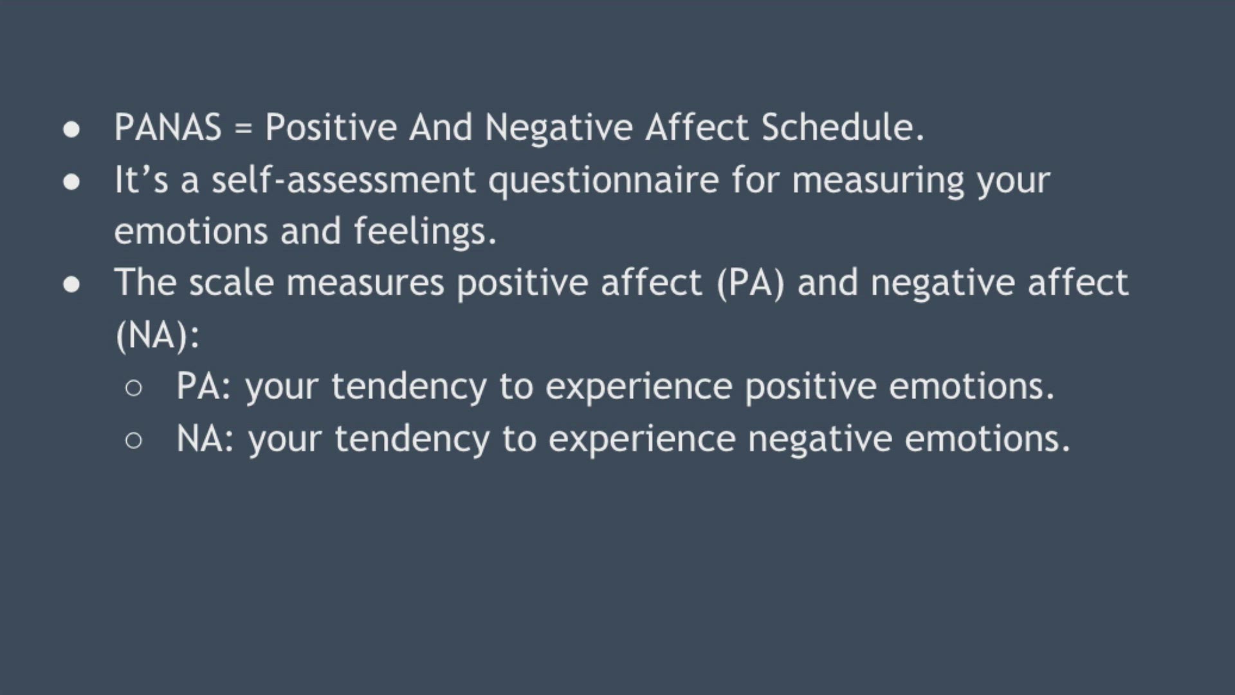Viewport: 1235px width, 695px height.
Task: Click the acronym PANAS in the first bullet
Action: click(x=168, y=127)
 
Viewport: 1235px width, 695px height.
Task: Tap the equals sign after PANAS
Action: click(x=243, y=129)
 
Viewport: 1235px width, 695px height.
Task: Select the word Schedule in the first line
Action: click(x=843, y=127)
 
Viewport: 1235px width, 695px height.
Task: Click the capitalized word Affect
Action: click(x=697, y=127)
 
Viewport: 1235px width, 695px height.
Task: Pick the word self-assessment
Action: click(x=343, y=180)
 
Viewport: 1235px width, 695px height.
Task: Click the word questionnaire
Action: click(x=603, y=181)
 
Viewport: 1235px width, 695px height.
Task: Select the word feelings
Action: click(x=425, y=232)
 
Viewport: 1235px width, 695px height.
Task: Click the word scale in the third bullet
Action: click(x=231, y=283)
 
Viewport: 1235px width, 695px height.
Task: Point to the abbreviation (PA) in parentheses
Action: click(x=751, y=284)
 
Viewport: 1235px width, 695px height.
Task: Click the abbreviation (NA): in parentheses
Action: click(x=158, y=335)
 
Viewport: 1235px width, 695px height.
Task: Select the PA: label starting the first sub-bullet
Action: click(x=203, y=387)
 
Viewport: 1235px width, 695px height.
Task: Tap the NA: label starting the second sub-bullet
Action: click(x=205, y=439)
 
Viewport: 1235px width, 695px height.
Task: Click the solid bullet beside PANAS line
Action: click(x=71, y=129)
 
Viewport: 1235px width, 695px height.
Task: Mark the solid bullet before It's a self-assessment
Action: click(x=71, y=181)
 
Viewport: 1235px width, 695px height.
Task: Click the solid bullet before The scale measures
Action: click(x=71, y=284)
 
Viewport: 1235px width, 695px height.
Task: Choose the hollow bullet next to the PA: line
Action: click(x=134, y=388)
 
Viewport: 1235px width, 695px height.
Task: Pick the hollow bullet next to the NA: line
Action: click(x=134, y=440)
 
